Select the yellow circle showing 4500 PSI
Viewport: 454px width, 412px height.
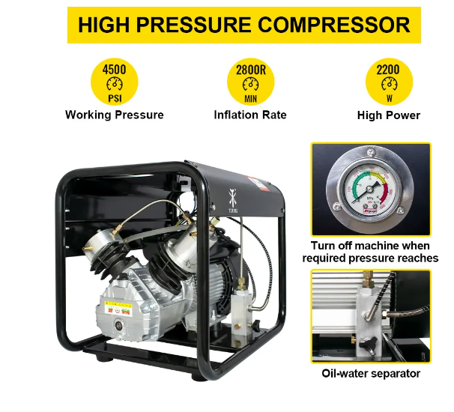pos(114,82)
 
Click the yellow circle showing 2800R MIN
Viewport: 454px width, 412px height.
pos(249,82)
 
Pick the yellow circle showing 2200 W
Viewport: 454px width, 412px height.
pos(387,82)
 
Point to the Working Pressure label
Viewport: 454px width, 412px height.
pos(114,115)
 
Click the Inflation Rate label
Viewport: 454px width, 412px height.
pos(249,115)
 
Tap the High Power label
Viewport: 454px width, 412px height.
pos(388,115)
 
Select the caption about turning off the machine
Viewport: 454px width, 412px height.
pos(371,252)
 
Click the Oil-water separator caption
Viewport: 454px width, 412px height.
pos(371,373)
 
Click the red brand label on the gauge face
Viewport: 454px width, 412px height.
pos(369,213)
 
